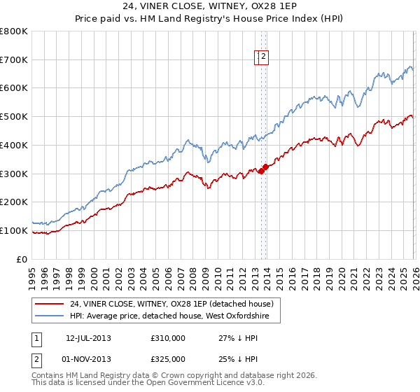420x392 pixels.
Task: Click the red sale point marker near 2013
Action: point(261,170)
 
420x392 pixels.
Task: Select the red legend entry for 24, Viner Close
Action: point(175,304)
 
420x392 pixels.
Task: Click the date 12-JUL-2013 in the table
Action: point(88,338)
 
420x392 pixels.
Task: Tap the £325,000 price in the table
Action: point(167,359)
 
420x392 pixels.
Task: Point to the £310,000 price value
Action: point(167,338)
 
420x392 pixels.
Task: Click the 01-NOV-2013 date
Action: point(88,359)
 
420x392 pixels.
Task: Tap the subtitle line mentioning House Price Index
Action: point(209,20)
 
